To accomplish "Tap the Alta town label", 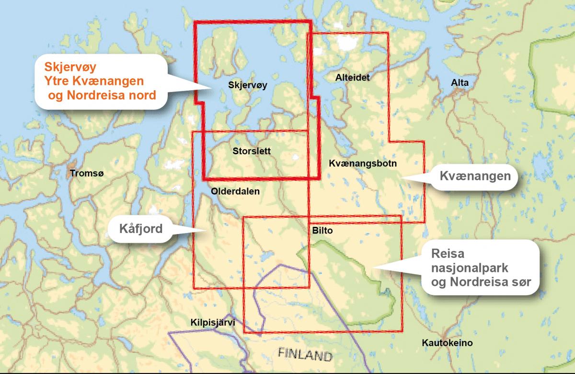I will [x=460, y=83].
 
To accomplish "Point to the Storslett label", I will [x=251, y=151].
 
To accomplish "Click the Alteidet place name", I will [x=353, y=77].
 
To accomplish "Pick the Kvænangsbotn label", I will [x=363, y=164].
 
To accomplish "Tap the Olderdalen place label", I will [x=235, y=191].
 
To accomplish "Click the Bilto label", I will [x=322, y=231].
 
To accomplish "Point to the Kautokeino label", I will [x=448, y=343].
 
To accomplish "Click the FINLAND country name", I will [x=305, y=355].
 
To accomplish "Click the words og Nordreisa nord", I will [x=102, y=95].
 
